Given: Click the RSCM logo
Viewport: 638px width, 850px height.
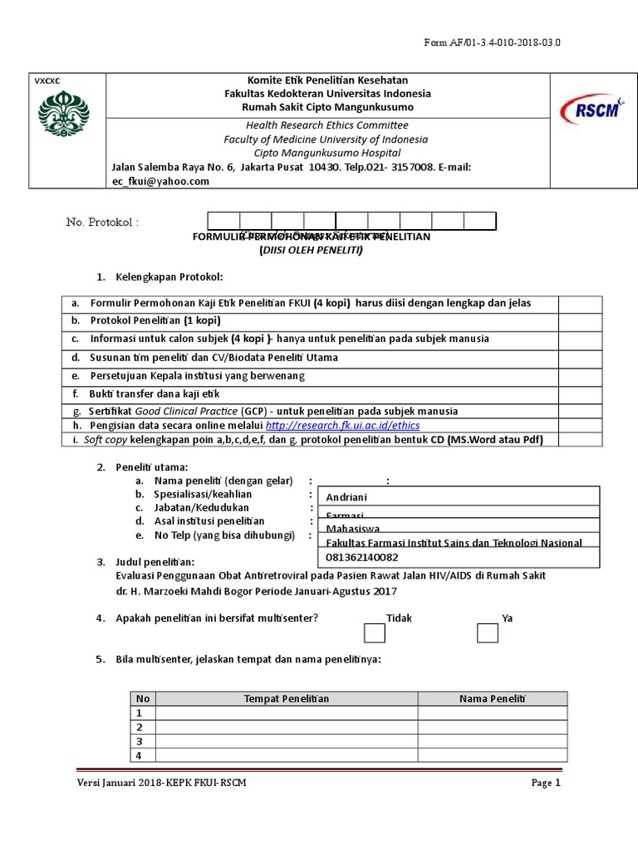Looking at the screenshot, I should pyautogui.click(x=591, y=108).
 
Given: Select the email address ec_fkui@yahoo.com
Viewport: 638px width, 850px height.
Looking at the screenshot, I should pyautogui.click(x=160, y=182).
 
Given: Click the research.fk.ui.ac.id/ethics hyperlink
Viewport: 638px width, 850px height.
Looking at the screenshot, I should pyautogui.click(x=342, y=425).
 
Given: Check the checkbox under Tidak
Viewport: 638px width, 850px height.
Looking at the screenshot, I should pyautogui.click(x=375, y=633).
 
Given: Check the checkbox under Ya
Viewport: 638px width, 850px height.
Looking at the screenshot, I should pyautogui.click(x=488, y=633).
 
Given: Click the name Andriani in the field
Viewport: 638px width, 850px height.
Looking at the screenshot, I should pyautogui.click(x=346, y=497).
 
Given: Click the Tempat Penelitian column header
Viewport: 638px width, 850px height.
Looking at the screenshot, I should pyautogui.click(x=286, y=698).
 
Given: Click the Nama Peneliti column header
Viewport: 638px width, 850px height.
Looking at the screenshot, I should pyautogui.click(x=493, y=698).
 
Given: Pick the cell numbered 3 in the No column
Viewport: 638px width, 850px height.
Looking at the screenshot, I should pyautogui.click(x=140, y=740).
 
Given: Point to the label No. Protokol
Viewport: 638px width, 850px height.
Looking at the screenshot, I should pyautogui.click(x=102, y=222).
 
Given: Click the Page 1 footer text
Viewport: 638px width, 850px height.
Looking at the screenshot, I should pyautogui.click(x=546, y=783).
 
